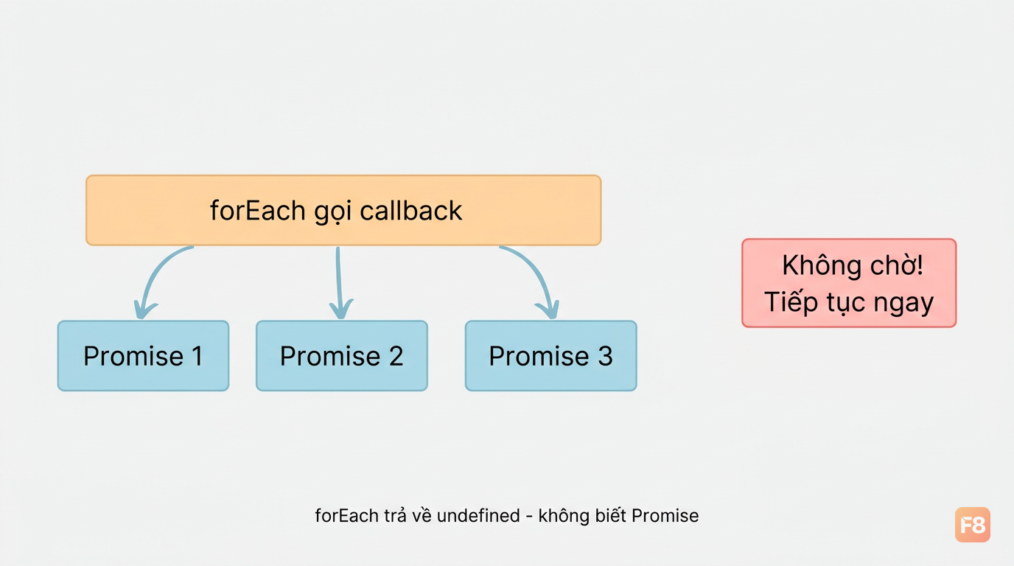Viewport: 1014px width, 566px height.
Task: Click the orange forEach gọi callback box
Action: [343, 210]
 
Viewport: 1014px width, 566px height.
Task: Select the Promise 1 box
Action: [143, 356]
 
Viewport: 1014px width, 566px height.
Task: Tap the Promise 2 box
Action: [342, 356]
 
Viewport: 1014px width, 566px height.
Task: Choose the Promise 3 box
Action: [551, 356]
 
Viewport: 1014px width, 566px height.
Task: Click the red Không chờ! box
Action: [849, 283]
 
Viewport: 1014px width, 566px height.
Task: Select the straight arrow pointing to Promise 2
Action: [339, 283]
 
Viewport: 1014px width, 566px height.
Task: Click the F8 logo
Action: [972, 525]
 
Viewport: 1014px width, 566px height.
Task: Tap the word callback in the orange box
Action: [411, 211]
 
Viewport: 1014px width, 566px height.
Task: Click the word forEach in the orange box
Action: [258, 211]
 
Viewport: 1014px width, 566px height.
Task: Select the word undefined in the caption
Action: [478, 515]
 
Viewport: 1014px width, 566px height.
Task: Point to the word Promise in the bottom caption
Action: [665, 515]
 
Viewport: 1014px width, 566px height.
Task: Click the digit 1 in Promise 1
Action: [197, 356]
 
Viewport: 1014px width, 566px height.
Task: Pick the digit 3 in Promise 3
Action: [605, 356]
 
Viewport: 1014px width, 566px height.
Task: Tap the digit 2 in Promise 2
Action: [396, 356]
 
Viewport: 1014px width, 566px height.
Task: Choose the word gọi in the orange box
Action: [333, 212]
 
